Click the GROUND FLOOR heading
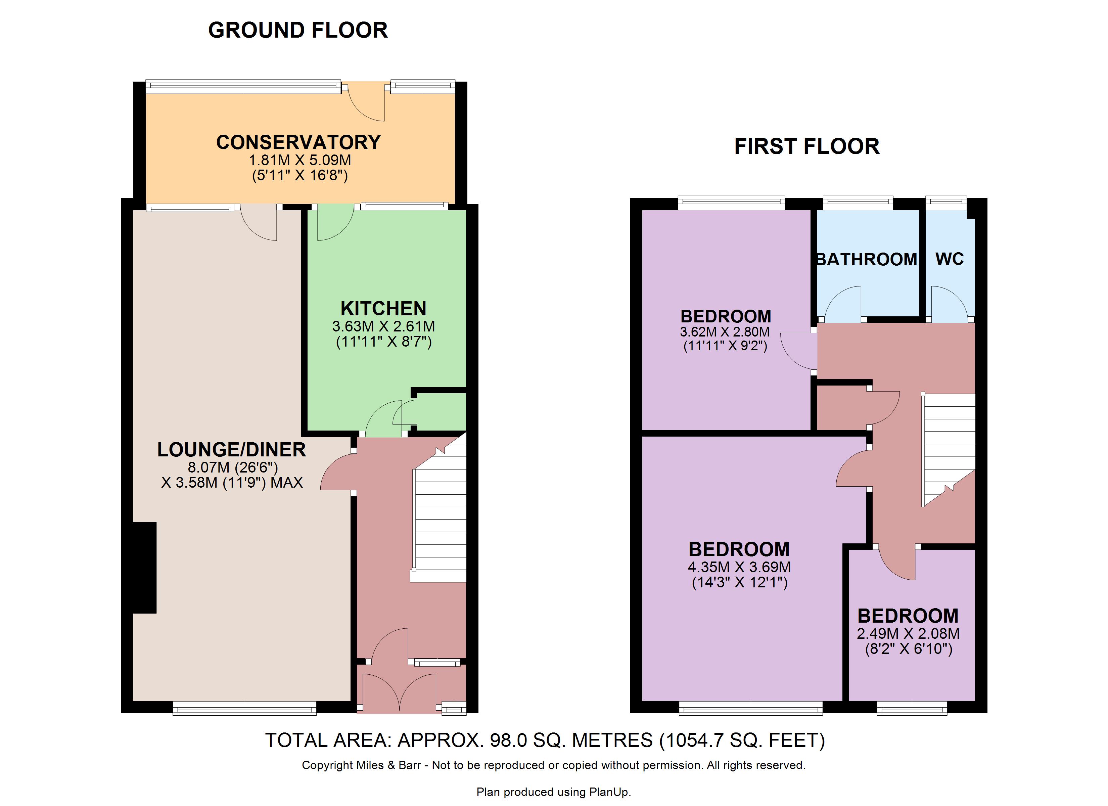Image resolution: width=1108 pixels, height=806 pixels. click(298, 30)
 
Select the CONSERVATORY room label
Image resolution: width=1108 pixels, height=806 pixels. click(298, 142)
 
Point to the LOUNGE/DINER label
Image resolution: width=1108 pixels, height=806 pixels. click(232, 450)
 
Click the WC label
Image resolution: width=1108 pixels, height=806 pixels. click(950, 259)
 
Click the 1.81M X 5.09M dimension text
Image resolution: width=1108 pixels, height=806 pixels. click(300, 160)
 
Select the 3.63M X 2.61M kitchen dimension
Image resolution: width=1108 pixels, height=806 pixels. click(383, 326)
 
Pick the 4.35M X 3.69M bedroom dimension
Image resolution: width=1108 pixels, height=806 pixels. click(739, 568)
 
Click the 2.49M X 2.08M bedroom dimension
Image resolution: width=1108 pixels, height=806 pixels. click(909, 634)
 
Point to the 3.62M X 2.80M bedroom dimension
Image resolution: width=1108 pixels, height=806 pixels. click(725, 332)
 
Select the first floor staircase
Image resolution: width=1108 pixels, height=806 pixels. click(948, 450)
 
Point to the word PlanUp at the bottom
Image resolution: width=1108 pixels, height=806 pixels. click(609, 792)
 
